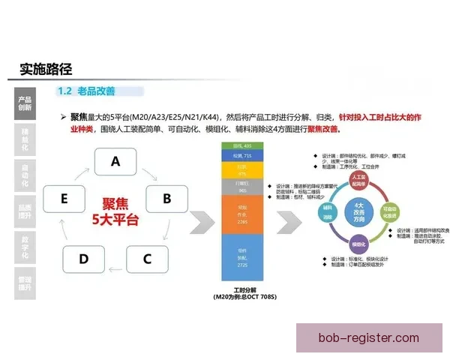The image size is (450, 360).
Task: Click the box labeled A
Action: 115,161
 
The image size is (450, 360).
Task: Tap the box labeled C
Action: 147,259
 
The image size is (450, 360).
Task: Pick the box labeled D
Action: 83,259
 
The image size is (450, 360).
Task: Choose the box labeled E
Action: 64,199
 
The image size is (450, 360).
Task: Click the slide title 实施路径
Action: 46,69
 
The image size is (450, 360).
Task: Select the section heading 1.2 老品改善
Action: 88,91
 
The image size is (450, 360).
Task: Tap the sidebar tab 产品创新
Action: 25,103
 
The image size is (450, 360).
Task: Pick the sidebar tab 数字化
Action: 25,247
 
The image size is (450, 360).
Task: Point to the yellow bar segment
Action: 242,170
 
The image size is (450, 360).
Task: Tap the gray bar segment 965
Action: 242,186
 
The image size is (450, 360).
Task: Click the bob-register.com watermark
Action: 368,338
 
